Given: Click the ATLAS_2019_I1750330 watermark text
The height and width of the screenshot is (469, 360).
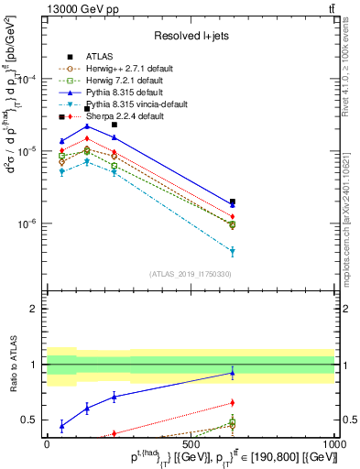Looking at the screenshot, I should tap(191, 274).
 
